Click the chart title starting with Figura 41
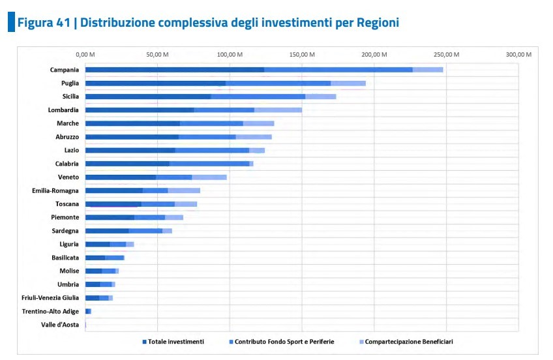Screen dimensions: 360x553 (207, 23)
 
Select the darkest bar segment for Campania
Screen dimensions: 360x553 (174, 70)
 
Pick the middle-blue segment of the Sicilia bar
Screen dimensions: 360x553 (258, 97)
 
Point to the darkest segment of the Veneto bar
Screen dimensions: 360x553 (121, 177)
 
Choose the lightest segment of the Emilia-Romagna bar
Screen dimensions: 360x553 (184, 190)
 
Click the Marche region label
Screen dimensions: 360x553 (68, 123)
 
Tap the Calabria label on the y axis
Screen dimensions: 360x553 (67, 164)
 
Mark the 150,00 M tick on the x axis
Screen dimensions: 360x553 (303, 54)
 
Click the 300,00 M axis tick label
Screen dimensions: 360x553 (519, 54)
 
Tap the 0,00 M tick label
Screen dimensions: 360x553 (85, 54)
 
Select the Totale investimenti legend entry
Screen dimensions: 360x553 (175, 342)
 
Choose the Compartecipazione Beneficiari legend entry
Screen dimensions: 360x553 (408, 342)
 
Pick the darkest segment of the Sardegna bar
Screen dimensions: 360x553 (107, 231)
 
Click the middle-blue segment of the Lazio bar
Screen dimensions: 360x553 (212, 151)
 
